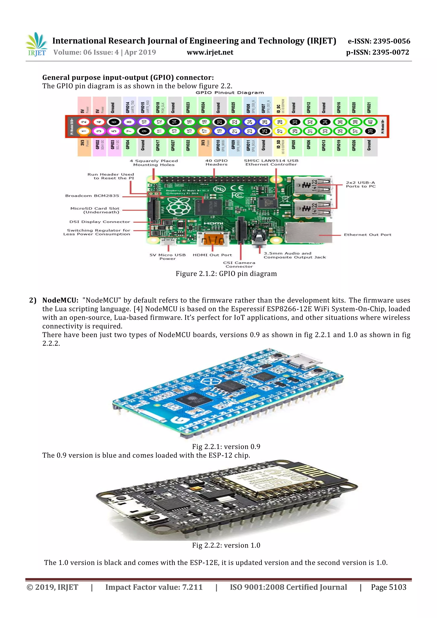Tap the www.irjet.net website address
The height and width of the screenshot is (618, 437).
click(210, 52)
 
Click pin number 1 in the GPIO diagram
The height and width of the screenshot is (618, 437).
click(84, 131)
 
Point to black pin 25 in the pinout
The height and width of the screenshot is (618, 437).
click(265, 131)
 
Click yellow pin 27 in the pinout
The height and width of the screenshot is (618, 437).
click(280, 131)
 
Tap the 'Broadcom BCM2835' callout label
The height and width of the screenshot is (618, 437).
click(92, 196)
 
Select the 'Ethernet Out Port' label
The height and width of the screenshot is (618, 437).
click(367, 235)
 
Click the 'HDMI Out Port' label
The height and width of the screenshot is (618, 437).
click(212, 255)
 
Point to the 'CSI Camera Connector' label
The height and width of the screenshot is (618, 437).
click(239, 265)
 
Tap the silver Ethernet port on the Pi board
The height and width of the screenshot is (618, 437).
click(308, 233)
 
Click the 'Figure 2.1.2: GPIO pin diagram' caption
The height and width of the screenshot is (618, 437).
click(226, 274)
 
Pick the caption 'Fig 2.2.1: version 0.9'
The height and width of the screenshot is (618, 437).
click(226, 447)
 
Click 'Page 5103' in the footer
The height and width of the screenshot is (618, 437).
click(388, 587)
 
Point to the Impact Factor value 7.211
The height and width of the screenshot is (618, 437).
click(192, 587)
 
